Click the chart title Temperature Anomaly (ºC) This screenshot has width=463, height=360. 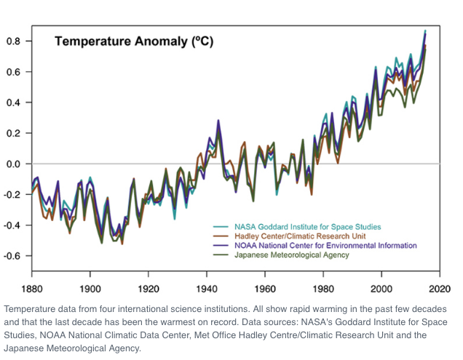tap(134, 41)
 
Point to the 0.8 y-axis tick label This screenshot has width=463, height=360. tap(13, 41)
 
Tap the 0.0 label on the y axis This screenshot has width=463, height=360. tap(13, 164)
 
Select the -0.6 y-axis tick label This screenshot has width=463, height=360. tap(12, 256)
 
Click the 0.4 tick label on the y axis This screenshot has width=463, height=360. tap(13, 103)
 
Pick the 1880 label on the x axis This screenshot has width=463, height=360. tap(32, 288)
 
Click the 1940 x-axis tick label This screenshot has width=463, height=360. tap(207, 288)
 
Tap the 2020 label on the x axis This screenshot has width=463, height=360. tap(440, 288)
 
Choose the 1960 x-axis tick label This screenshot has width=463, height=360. tap(265, 288)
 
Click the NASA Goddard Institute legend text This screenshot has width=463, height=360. tap(308, 227)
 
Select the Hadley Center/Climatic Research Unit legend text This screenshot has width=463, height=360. tap(300, 236)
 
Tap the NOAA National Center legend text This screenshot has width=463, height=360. tap(325, 246)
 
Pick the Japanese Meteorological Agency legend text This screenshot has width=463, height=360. tap(292, 255)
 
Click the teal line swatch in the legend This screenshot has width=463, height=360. tap(221, 227)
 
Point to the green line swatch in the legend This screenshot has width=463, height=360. tap(221, 255)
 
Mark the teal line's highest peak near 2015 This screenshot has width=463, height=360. tap(425, 31)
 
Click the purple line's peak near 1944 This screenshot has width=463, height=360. tap(218, 120)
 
